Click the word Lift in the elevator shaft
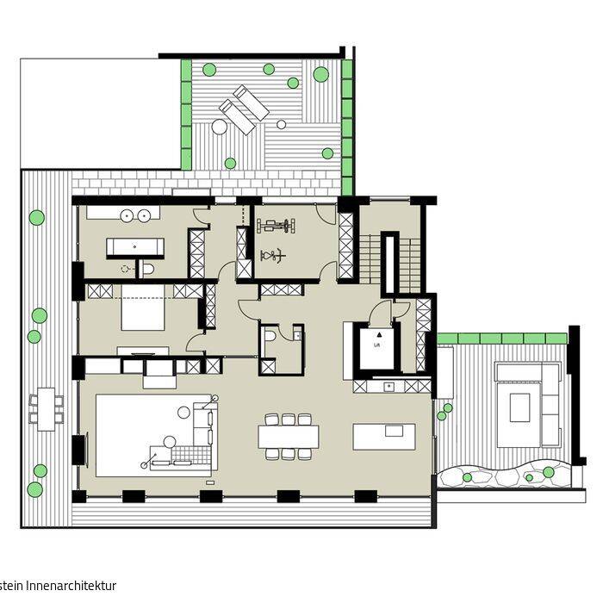tap(376, 344)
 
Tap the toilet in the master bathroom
tap(148, 269)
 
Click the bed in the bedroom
tap(141, 314)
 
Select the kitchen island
tap(383, 436)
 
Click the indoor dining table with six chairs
tap(288, 436)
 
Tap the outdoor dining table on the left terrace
tap(45, 408)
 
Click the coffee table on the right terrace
tap(519, 407)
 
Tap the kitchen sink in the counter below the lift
tap(389, 386)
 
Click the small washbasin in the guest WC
tap(295, 333)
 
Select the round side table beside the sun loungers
tap(219, 127)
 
